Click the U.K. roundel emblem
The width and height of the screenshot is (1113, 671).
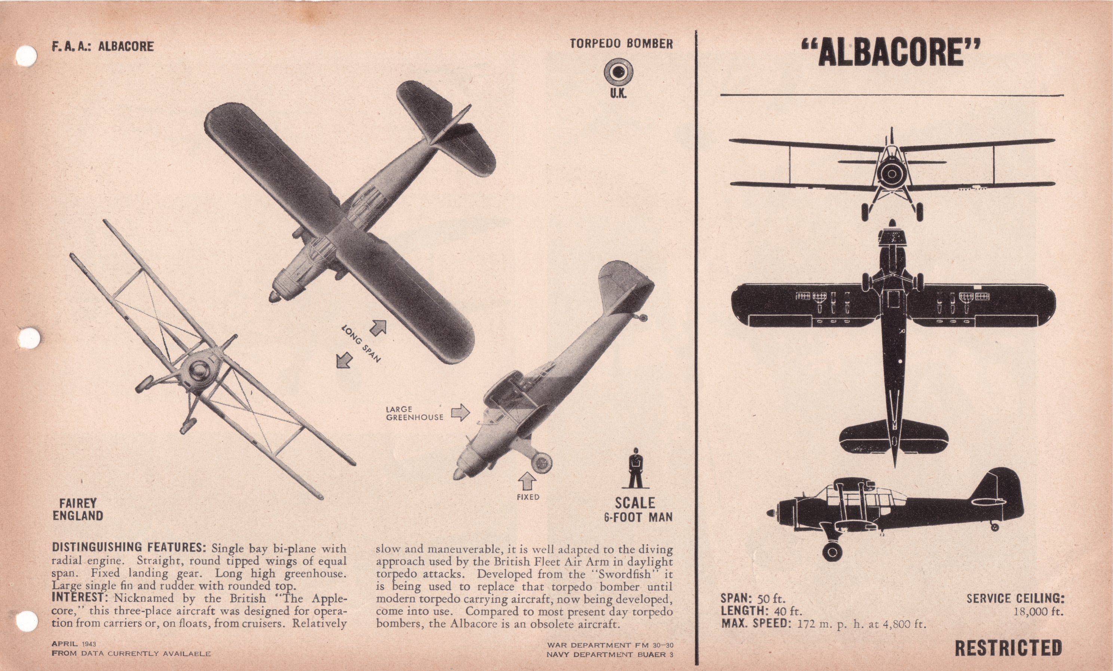click(618, 73)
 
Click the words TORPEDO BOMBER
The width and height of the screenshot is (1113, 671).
click(621, 44)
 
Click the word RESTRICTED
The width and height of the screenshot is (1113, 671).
click(1008, 647)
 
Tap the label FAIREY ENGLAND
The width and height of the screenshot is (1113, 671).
click(78, 510)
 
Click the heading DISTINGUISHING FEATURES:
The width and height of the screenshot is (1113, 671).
click(129, 547)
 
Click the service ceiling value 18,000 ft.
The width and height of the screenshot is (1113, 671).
click(1039, 612)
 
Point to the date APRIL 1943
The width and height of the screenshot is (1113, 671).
click(74, 644)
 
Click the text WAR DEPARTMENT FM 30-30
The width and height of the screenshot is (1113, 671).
click(610, 645)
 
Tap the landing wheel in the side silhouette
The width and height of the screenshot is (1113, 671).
click(832, 551)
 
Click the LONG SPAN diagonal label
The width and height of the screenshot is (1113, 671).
click(361, 344)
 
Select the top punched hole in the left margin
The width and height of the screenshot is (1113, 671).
click(26, 56)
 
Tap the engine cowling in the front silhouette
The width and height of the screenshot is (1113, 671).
click(891, 173)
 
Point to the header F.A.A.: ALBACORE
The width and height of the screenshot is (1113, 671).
click(102, 46)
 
